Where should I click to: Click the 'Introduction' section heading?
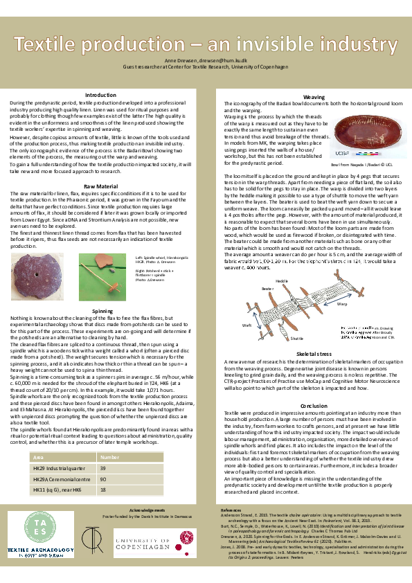click(x=100, y=94)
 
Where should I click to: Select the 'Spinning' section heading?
click(x=100, y=312)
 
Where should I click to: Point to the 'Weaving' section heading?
click(x=314, y=98)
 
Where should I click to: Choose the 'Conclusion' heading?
click(x=314, y=406)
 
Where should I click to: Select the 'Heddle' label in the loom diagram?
click(x=282, y=281)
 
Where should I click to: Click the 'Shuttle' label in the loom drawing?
click(x=296, y=338)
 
